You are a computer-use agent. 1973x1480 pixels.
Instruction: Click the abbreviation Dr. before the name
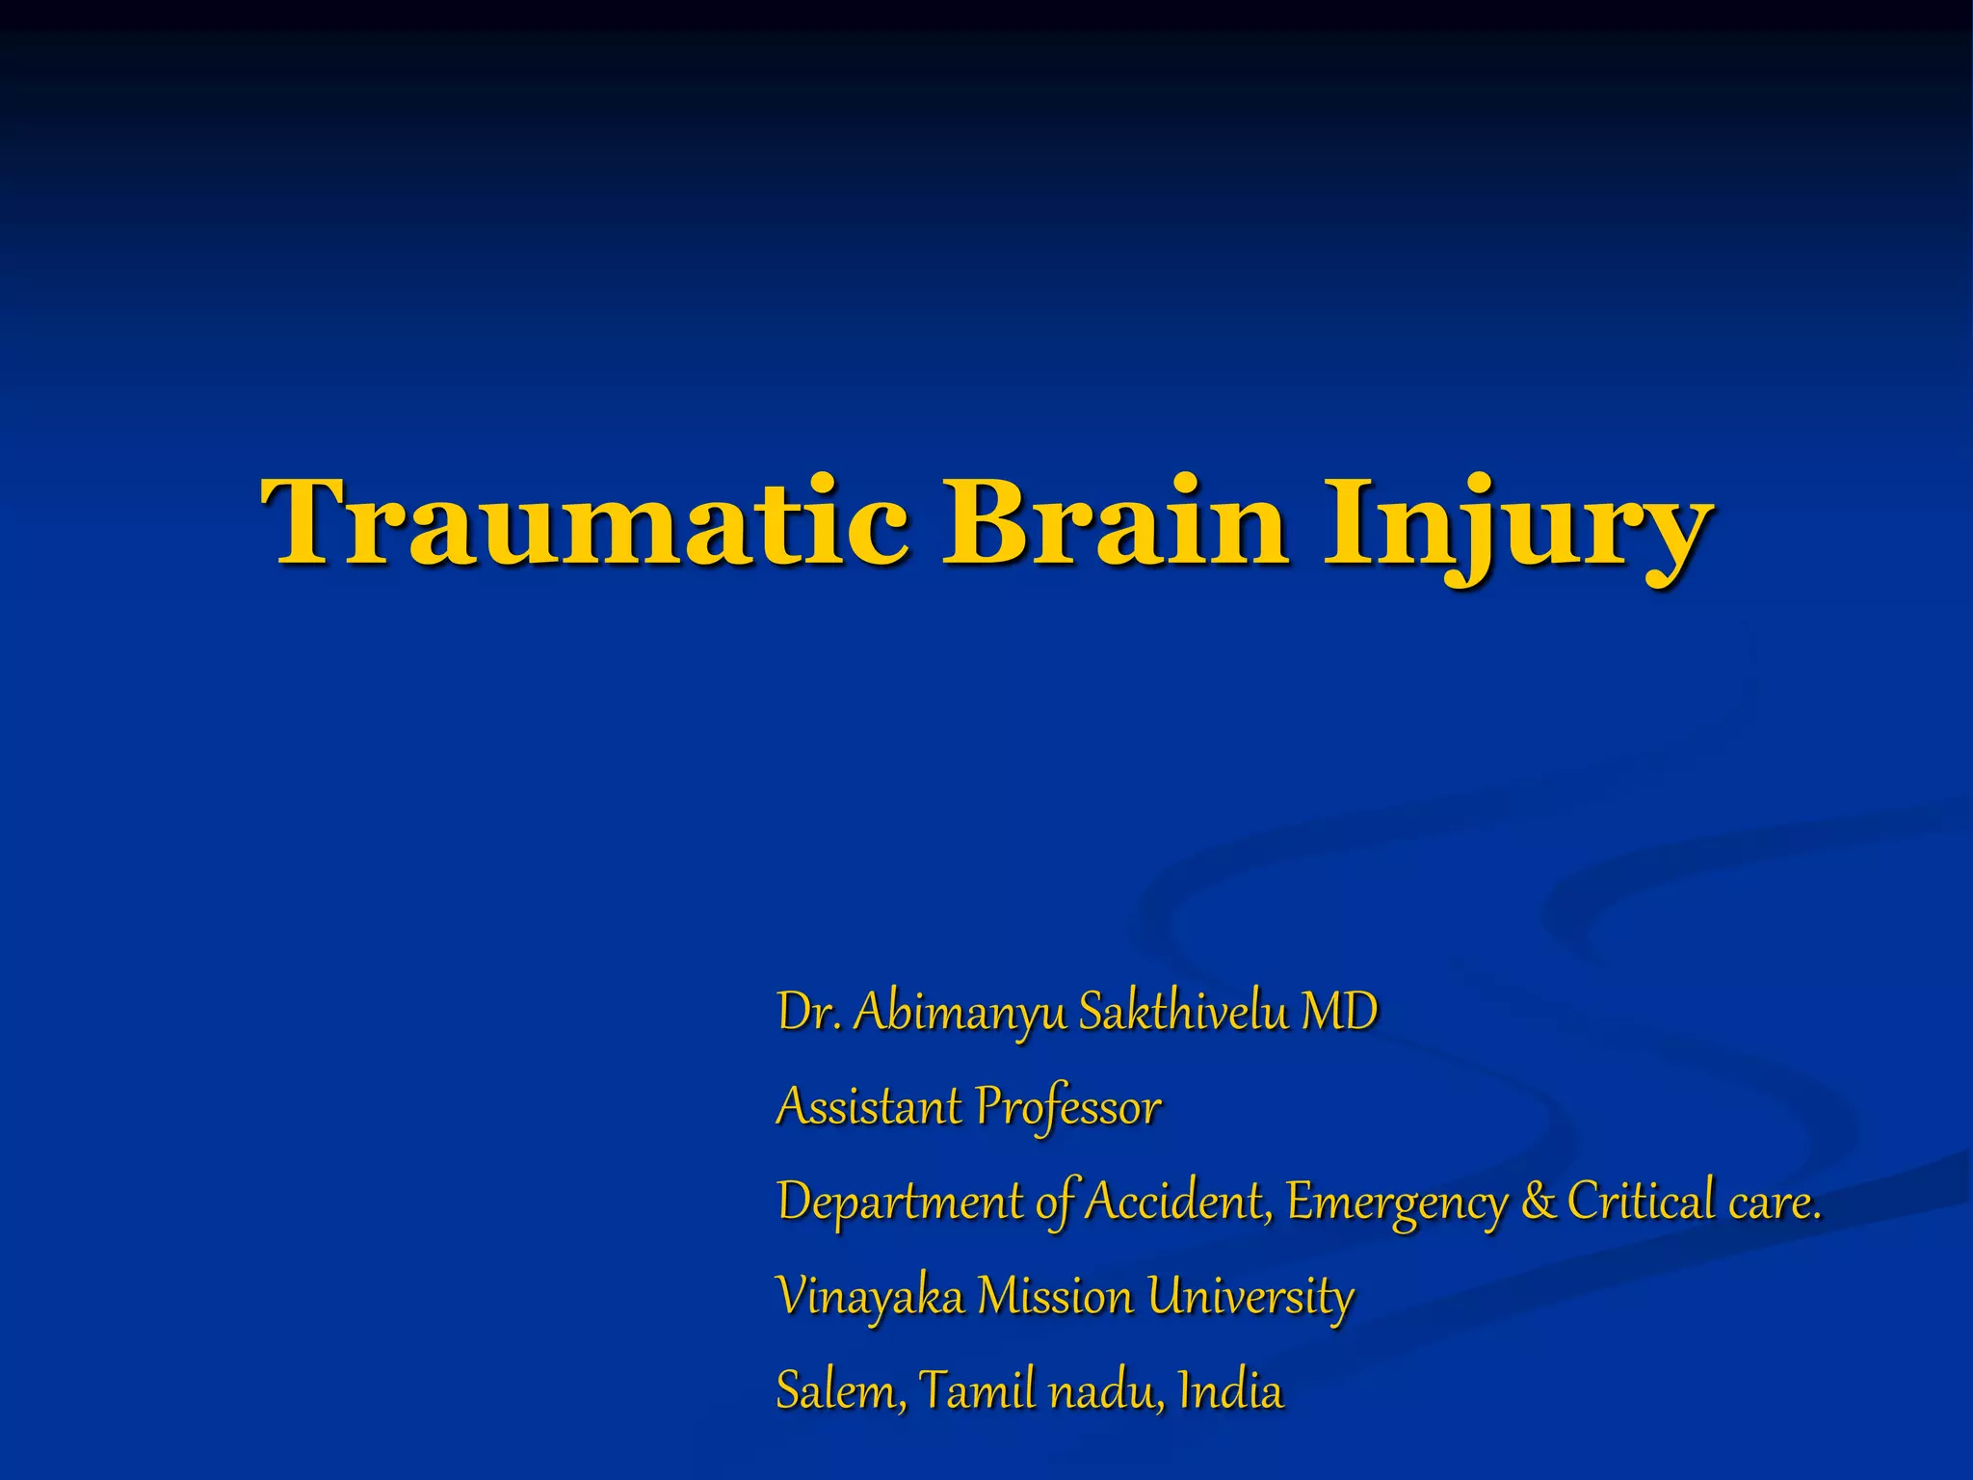[x=809, y=1012]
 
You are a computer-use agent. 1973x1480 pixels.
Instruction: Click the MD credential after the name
[x=1339, y=1012]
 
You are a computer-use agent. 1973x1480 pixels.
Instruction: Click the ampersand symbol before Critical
[x=1539, y=1202]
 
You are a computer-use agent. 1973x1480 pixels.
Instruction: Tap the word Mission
[x=1055, y=1296]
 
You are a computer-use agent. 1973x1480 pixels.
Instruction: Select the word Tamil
[x=975, y=1389]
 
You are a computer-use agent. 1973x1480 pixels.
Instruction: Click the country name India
[x=1231, y=1389]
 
